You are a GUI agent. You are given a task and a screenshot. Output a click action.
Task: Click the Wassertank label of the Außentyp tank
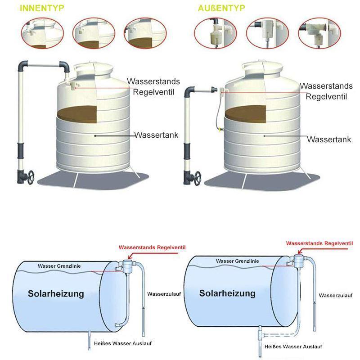[329, 139]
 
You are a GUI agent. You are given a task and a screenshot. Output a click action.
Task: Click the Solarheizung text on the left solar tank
[56, 294]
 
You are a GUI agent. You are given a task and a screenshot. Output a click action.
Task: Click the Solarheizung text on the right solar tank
[227, 293]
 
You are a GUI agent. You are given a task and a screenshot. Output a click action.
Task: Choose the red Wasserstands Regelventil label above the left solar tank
[152, 247]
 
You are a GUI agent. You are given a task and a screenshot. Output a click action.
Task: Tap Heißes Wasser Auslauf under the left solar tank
[123, 343]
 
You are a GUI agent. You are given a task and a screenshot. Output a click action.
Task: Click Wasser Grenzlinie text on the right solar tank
[237, 261]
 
